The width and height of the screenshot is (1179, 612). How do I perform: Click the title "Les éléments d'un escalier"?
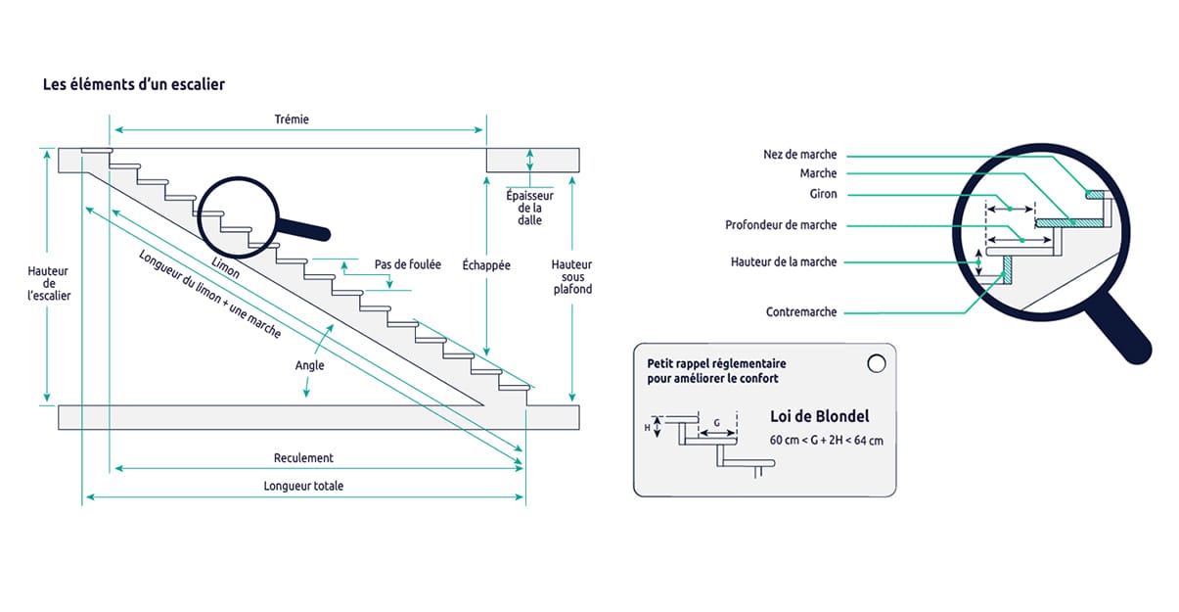tap(134, 84)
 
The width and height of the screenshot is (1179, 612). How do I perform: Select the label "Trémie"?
tap(292, 119)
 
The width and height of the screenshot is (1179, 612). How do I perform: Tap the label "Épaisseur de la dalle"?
tap(529, 208)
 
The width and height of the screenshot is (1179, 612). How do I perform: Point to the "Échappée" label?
tap(486, 265)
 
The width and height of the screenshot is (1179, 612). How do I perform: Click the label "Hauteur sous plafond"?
tap(571, 277)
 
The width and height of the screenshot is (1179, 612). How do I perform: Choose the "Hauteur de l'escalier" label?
tap(49, 282)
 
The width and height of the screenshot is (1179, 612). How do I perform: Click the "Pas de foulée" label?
tap(407, 264)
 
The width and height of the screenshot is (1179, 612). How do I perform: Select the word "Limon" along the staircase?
tap(226, 266)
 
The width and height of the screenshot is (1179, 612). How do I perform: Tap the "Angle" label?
tap(309, 365)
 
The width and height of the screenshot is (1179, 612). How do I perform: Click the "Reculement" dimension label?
tap(303, 457)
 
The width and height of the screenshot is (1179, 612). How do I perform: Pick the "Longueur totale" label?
tap(303, 486)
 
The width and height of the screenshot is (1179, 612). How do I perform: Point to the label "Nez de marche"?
tap(799, 155)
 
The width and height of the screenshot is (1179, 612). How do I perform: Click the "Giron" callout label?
tap(823, 194)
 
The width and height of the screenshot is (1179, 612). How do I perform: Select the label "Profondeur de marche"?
tap(781, 225)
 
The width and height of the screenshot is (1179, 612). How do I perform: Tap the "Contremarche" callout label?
tap(801, 312)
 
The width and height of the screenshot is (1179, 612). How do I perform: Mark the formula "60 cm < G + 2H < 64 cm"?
tap(826, 441)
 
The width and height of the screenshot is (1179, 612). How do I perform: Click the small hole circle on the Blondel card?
tap(875, 363)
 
